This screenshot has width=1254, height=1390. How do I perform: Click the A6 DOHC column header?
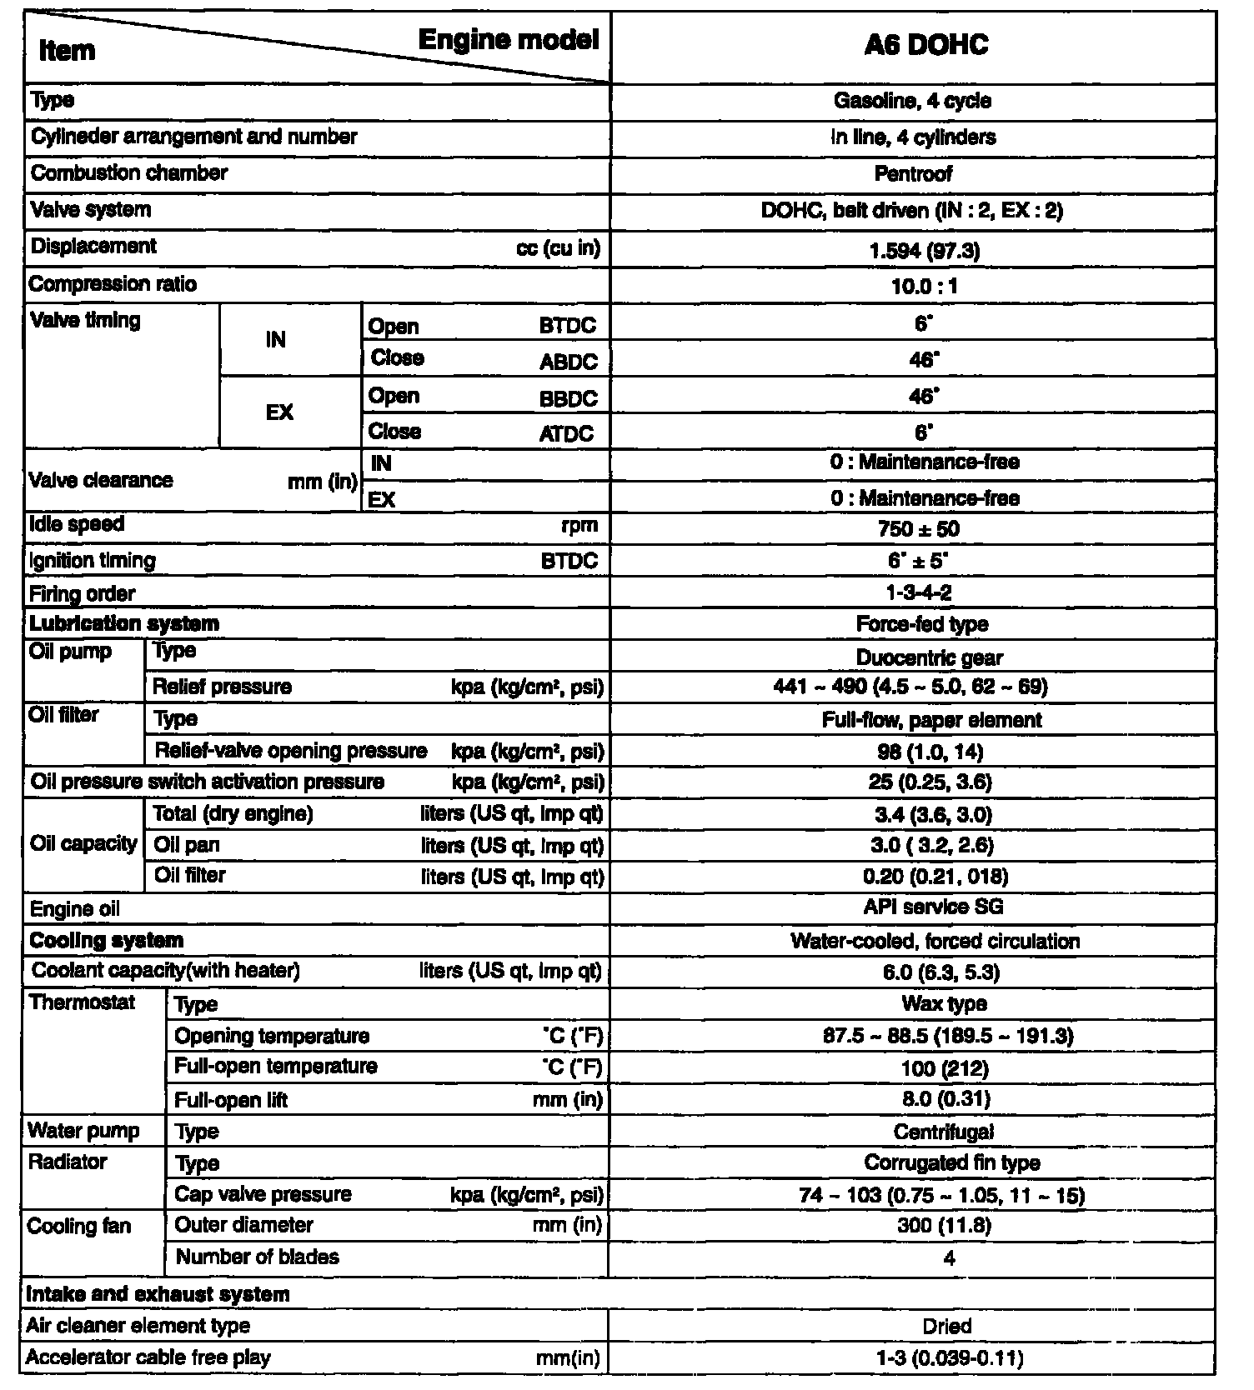tap(925, 45)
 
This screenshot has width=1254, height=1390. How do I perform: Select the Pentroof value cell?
tap(913, 174)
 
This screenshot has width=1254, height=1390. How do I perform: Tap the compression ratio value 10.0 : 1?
tap(924, 287)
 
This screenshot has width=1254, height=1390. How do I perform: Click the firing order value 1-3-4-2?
tap(919, 593)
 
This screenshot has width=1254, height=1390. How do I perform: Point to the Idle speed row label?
tap(77, 525)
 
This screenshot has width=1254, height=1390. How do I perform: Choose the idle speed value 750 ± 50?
tap(918, 529)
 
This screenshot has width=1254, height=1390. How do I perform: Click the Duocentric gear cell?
tap(929, 657)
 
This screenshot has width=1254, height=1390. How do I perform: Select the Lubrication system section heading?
tap(124, 624)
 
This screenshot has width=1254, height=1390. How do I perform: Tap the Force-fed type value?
tap(921, 624)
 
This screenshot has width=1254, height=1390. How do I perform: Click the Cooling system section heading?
tap(106, 941)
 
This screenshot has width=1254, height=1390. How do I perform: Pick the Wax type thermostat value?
tap(944, 1004)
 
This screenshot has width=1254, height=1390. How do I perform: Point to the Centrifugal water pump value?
tap(943, 1132)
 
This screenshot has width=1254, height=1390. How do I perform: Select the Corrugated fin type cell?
tap(951, 1163)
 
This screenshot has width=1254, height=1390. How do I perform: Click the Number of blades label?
tap(257, 1257)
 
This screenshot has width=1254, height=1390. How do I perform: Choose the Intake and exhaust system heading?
tap(158, 1294)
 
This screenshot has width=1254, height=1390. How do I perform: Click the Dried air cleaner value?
tap(946, 1326)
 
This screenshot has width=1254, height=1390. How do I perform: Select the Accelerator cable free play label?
tap(148, 1357)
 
